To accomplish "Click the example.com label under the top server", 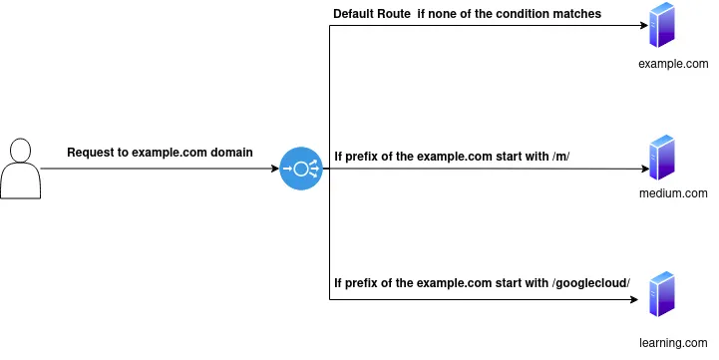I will pyautogui.click(x=673, y=63).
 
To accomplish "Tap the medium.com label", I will pyautogui.click(x=672, y=193).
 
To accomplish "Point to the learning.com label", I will pyautogui.click(x=673, y=342).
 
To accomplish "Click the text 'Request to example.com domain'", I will pyautogui.click(x=160, y=153).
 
